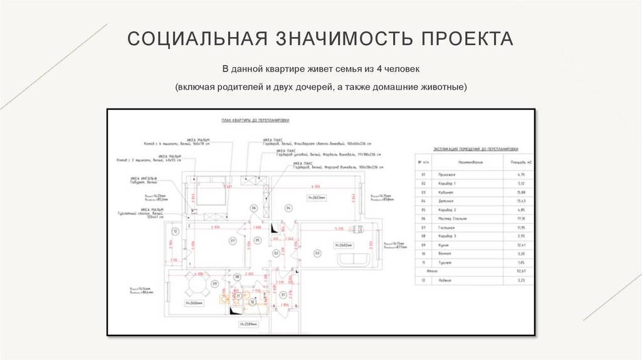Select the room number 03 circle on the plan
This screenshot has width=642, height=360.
pyautogui.click(x=318, y=253)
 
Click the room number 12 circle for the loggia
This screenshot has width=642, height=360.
pyautogui.click(x=176, y=231)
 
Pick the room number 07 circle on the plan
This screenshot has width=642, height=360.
pyautogui.click(x=232, y=240)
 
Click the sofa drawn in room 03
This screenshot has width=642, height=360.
pyautogui.click(x=354, y=259)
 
